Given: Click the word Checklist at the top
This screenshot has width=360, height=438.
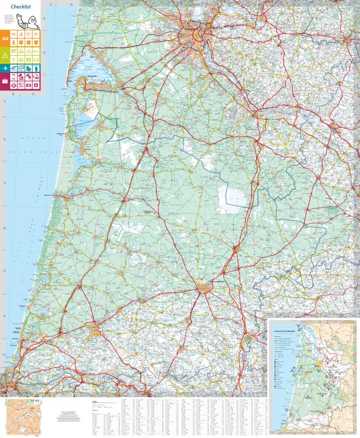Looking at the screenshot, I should [x=21, y=7].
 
